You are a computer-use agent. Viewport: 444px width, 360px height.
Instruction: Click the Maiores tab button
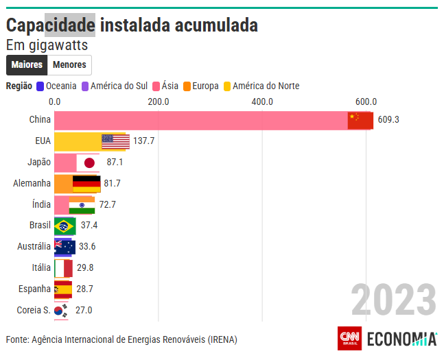[x=27, y=65]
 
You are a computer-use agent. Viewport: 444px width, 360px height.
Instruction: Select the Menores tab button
[x=69, y=65]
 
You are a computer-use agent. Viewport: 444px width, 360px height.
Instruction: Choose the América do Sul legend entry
[x=115, y=86]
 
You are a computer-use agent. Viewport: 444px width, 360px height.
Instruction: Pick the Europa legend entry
[x=200, y=86]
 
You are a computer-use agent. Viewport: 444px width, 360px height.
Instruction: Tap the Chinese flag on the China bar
[x=360, y=120]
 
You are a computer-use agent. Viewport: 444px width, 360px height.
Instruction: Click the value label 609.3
[x=388, y=120]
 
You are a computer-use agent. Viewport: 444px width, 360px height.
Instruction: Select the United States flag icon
[x=115, y=141]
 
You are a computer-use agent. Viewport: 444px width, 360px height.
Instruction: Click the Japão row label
[x=40, y=162]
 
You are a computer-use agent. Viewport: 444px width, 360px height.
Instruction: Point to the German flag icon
[x=86, y=183]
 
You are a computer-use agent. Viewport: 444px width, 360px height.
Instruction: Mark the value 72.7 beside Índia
[x=108, y=204]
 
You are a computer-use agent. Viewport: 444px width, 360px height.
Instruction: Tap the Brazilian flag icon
[x=65, y=226]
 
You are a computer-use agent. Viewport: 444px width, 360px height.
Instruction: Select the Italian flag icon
[x=64, y=268]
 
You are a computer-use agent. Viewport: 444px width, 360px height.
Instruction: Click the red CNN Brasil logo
[x=350, y=339]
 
